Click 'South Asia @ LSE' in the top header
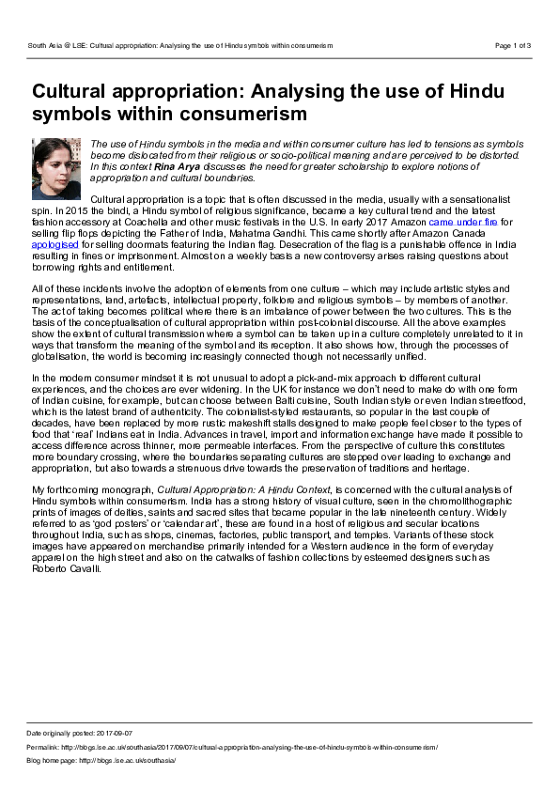coord(58,45)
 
